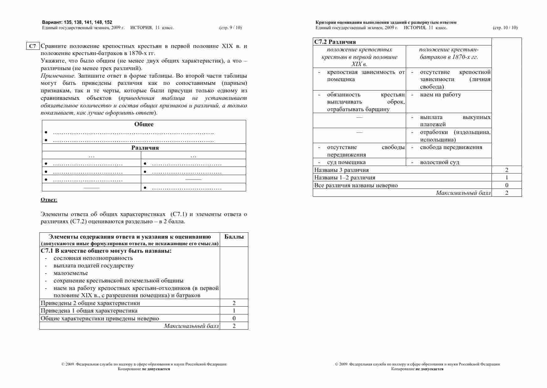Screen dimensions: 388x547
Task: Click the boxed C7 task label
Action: tap(33, 46)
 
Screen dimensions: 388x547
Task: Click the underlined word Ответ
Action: tap(49, 200)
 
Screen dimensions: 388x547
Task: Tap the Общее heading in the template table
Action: tap(144, 124)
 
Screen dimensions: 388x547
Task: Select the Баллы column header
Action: tap(234, 237)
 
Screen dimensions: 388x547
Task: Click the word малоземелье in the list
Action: tap(71, 273)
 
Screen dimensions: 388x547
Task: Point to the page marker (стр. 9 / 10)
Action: tap(230, 28)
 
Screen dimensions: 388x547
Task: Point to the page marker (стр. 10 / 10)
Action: tap(505, 28)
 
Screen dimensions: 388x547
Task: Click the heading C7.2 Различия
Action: tap(335, 42)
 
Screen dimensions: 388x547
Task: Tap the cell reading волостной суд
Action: tap(440, 162)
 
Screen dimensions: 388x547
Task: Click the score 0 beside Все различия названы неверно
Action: tap(507, 185)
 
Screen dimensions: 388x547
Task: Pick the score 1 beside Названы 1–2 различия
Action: tap(507, 178)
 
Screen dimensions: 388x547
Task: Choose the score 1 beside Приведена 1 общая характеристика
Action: tap(234, 311)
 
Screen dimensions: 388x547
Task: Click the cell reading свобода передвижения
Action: tap(451, 147)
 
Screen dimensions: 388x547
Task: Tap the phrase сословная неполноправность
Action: tap(93, 258)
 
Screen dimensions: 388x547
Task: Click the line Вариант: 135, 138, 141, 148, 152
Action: tap(77, 22)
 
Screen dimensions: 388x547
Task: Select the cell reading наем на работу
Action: tap(440, 95)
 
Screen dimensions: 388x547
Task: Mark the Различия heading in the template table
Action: tap(145, 148)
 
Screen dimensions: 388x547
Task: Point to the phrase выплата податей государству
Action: tap(94, 266)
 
